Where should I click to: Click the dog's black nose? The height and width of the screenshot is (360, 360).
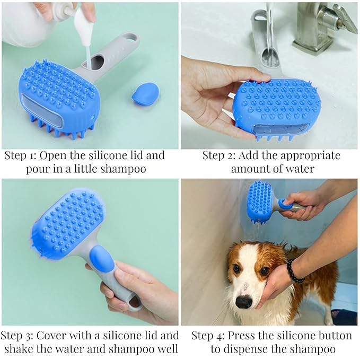click(243, 302)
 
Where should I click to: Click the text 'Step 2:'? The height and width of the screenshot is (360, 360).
click(219, 155)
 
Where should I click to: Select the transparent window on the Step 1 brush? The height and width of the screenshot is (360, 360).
click(42, 111)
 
